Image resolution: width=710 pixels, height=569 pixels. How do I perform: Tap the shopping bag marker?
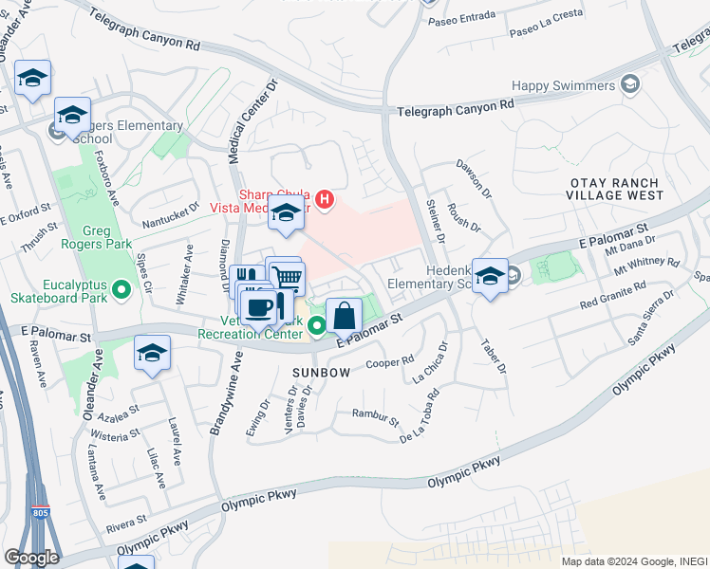click(x=344, y=315)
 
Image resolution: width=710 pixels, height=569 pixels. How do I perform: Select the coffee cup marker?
click(x=259, y=307)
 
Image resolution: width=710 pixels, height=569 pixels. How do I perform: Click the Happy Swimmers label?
click(x=565, y=85)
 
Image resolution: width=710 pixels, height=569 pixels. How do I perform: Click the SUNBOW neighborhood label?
click(x=321, y=373)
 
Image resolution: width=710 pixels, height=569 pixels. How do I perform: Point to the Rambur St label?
click(x=376, y=413)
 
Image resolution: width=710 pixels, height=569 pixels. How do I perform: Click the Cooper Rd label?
click(x=390, y=362)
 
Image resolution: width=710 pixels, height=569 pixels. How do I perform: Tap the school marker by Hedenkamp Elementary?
click(x=490, y=277)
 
